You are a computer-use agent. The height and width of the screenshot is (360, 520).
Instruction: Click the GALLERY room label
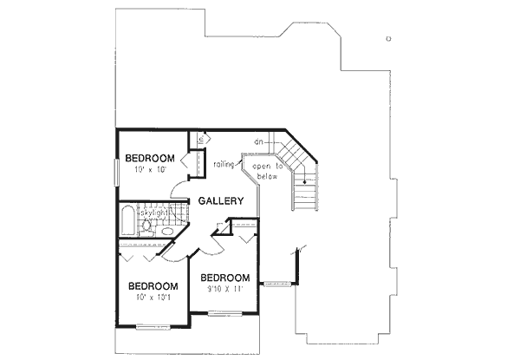(220, 201)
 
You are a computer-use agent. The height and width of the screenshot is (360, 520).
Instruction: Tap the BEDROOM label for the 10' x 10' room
(150, 158)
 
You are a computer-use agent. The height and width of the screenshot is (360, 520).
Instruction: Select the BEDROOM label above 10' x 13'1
(153, 286)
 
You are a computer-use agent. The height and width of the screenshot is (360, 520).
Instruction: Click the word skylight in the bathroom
(160, 212)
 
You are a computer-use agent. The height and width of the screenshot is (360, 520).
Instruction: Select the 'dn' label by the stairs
(258, 141)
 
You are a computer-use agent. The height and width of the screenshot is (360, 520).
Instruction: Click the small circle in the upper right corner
(389, 38)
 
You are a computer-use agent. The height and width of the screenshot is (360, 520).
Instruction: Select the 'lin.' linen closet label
(198, 139)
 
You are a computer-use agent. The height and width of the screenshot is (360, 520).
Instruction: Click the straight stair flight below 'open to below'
(303, 191)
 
